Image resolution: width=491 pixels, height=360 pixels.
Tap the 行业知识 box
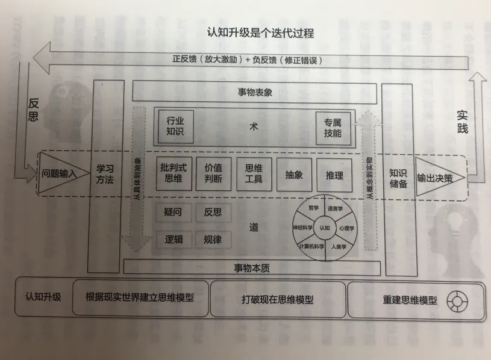[x=175, y=126]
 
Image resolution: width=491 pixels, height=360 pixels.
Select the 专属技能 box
[x=332, y=127]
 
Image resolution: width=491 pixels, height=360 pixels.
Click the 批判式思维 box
[x=175, y=173]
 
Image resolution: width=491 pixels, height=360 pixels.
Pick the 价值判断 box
[x=215, y=173]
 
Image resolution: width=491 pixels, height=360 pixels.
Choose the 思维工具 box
[x=254, y=173]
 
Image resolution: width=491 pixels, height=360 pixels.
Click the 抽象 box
[x=295, y=175]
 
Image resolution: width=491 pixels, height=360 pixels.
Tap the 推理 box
[x=334, y=175]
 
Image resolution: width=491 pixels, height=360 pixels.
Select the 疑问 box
[x=174, y=213]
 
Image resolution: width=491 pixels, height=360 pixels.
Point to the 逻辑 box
[x=174, y=239]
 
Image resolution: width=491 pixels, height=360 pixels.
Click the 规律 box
[x=213, y=239]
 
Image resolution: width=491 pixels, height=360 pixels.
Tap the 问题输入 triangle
[x=58, y=173]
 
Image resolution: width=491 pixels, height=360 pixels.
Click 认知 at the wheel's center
[x=325, y=228]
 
